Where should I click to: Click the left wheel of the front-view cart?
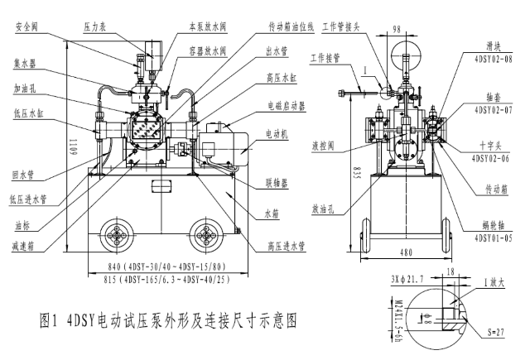(x=118, y=238)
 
